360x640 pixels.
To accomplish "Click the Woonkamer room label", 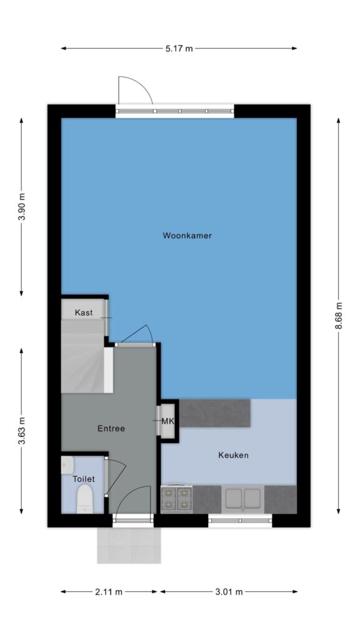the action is (x=187, y=236).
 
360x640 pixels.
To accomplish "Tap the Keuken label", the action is (x=233, y=455).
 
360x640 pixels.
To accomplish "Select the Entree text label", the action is (x=111, y=429).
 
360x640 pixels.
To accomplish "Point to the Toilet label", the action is (x=84, y=479).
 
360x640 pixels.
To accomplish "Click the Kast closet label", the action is (x=84, y=313).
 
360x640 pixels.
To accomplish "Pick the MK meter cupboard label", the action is (x=167, y=421).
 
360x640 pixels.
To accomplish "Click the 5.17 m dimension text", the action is (x=179, y=49).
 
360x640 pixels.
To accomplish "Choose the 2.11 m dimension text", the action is (x=109, y=592).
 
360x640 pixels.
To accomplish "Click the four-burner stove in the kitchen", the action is (x=177, y=499).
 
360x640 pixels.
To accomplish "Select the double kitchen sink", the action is (x=243, y=498).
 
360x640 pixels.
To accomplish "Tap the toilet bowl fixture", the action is (x=85, y=499).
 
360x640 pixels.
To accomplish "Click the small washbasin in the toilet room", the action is (x=67, y=465).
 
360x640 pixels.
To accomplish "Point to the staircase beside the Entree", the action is (x=86, y=356).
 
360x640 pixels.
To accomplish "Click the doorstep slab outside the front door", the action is (x=129, y=545).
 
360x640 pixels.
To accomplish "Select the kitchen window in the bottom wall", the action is (x=240, y=521).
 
